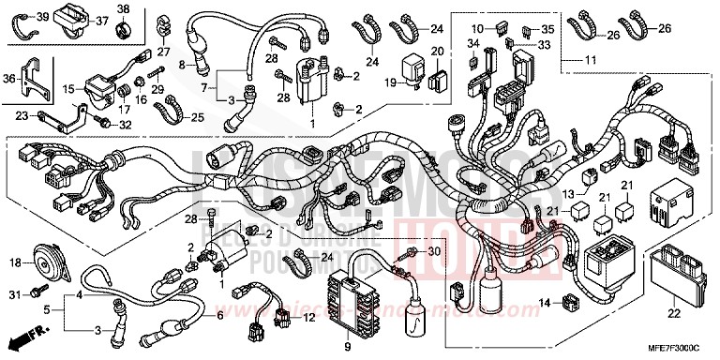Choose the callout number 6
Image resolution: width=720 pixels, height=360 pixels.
(x=220, y=317)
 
